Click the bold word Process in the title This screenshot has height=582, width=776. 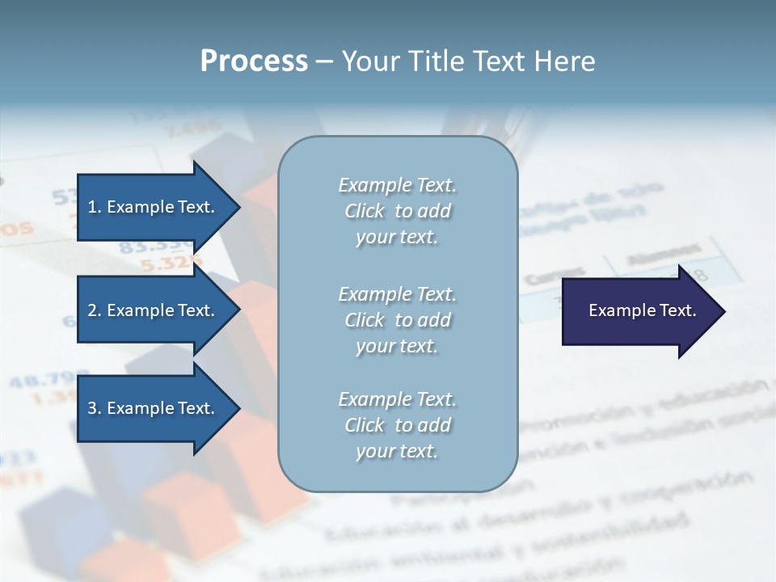click(x=254, y=61)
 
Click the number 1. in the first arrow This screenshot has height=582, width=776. click(x=95, y=207)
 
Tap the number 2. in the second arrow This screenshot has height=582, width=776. click(x=95, y=310)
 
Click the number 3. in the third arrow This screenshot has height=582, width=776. click(x=95, y=408)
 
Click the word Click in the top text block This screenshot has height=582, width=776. click(x=365, y=211)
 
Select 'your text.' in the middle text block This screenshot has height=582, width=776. click(x=397, y=346)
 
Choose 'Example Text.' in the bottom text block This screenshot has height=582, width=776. click(x=397, y=399)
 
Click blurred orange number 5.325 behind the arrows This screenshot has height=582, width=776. click(x=171, y=263)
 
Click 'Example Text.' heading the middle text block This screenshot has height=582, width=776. click(x=397, y=294)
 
